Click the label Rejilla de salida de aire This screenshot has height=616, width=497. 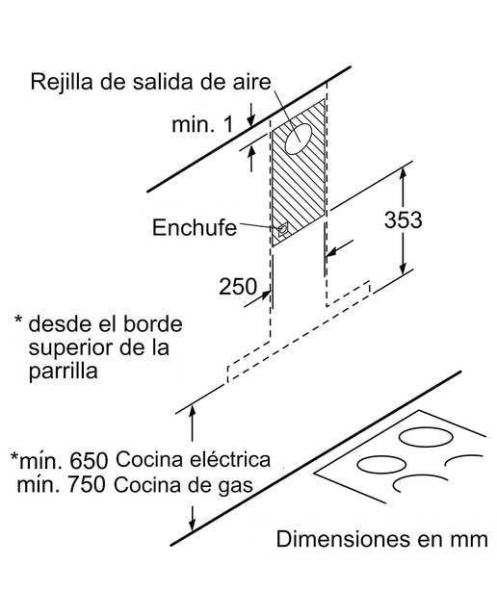151,83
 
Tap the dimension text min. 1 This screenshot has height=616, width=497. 202,124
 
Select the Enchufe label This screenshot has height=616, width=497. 195,227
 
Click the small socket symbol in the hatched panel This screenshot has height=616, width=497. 283,229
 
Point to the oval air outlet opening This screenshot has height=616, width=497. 299,139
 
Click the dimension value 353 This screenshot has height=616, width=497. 403,219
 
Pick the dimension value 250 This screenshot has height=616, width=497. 238,287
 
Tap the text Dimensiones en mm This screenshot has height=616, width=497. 381,539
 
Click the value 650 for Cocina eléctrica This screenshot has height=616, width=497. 89,460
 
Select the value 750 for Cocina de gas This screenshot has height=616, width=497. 87,485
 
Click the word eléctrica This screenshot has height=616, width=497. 231,459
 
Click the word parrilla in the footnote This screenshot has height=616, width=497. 63,371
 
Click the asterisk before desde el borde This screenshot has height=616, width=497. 18,320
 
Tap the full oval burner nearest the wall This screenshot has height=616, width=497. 427,437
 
